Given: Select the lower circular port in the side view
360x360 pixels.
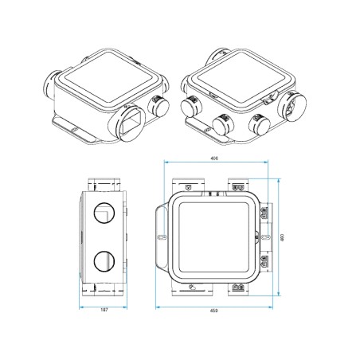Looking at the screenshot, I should (x=104, y=260).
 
